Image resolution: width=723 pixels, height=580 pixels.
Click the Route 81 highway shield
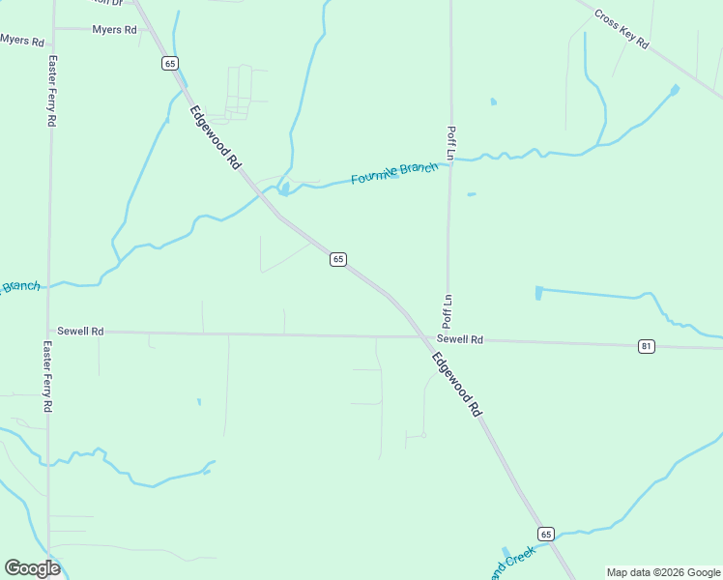click(647, 346)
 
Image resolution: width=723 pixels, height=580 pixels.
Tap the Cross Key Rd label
click(621, 30)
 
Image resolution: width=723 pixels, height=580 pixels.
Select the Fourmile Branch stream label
click(394, 174)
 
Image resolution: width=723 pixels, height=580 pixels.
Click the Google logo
click(32, 568)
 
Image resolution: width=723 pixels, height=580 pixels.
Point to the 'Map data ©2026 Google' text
click(663, 572)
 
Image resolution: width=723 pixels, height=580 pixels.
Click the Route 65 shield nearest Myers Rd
click(170, 64)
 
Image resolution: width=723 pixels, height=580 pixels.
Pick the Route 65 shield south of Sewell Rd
click(546, 535)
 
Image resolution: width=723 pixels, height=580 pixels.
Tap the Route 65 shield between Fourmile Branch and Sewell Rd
click(337, 259)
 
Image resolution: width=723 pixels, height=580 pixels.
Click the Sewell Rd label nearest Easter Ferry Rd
click(80, 331)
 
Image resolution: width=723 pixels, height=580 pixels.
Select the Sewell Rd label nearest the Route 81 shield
click(459, 340)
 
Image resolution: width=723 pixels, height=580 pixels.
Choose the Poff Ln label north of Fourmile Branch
click(450, 142)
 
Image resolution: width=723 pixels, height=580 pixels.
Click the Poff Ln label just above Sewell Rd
click(448, 309)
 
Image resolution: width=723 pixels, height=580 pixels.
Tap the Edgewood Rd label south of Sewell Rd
click(456, 384)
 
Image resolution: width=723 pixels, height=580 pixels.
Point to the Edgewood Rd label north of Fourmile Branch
click(215, 137)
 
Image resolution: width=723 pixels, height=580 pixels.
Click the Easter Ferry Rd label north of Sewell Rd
click(52, 91)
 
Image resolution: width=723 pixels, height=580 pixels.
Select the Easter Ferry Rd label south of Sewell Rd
click(46, 377)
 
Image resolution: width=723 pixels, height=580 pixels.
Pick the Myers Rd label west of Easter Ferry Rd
click(22, 41)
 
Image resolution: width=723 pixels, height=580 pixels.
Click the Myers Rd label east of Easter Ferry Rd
click(114, 30)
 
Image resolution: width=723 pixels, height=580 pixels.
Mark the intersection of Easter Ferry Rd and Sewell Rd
click(48, 331)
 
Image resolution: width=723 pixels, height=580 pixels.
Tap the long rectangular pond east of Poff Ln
click(584, 292)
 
